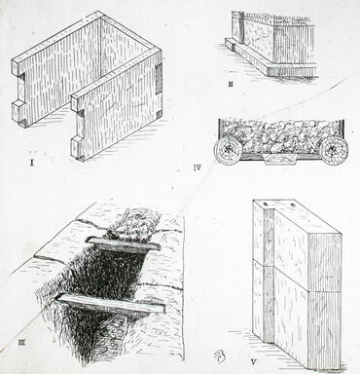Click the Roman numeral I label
tap(32, 163)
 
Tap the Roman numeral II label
tap(231, 85)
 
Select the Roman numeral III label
tap(21, 342)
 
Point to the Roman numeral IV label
tap(198, 168)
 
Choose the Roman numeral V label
tap(254, 361)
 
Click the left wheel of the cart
tap(228, 150)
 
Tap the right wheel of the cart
tap(334, 150)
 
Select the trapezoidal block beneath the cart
tap(280, 160)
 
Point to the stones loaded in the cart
tap(279, 135)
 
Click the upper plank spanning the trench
tap(124, 244)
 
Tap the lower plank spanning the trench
tap(110, 304)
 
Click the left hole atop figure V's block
tap(265, 204)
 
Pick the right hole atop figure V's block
tap(293, 205)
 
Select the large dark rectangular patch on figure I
tap(159, 79)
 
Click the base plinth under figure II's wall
tap(270, 60)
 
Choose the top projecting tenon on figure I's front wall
tap(77, 102)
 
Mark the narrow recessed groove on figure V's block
tap(270, 276)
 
